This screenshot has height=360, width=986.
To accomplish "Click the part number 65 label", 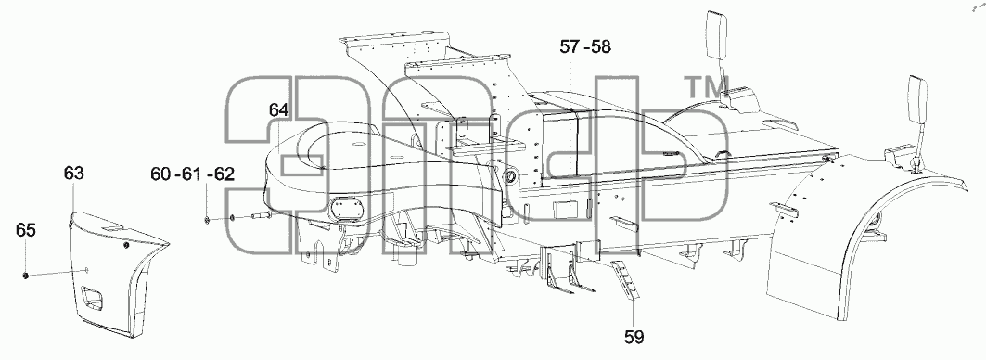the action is (26, 230).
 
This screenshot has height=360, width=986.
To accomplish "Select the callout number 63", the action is (73, 174).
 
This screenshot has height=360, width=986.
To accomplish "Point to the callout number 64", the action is (278, 109).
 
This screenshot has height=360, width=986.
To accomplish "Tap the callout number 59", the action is (634, 338).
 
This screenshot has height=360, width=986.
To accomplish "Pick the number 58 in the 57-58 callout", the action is (600, 46).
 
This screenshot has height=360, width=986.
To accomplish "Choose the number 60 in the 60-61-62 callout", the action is (161, 174).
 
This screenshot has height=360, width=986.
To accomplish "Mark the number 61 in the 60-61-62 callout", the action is (190, 174).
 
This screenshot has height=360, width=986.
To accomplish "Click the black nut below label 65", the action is (26, 276).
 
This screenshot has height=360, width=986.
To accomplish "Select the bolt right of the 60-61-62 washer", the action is (262, 216).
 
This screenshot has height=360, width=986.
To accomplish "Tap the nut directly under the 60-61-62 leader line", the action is (208, 220).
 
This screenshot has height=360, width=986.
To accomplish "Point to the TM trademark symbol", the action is (707, 87).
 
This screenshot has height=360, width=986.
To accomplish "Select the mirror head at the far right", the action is (916, 95).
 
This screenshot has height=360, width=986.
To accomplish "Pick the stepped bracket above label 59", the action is (625, 278).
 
